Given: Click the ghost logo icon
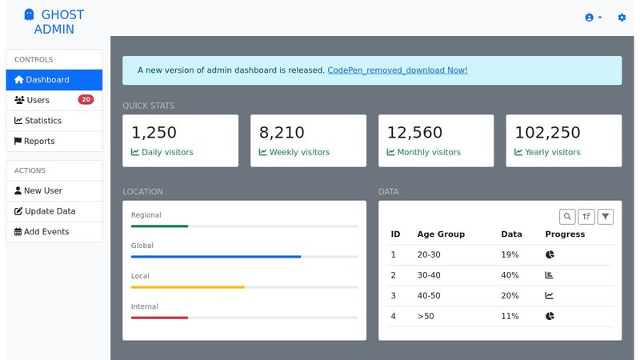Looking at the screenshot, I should tap(30, 14).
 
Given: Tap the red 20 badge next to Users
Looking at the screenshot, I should tap(86, 100).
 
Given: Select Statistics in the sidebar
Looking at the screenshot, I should tap(42, 121).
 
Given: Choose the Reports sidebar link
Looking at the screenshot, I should tap(39, 142).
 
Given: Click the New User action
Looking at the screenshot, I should tap(42, 191).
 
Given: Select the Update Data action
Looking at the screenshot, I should tap(50, 211).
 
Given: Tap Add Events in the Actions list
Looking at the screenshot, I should tap(46, 232).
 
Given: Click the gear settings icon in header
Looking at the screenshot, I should tap(622, 18).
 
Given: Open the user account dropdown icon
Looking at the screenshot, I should tap(593, 18).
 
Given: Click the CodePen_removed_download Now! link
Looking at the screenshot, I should tap(397, 70).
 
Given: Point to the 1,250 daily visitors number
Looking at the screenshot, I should tap(154, 133).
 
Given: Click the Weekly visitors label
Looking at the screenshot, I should tap(298, 152).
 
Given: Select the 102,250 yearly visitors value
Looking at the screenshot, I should tap(547, 133).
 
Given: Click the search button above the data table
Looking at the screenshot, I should tap(567, 216).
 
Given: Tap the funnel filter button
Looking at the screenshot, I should tap(606, 216).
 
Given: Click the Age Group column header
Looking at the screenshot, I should tap(441, 234).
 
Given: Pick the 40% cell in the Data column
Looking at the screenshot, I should tap(510, 275).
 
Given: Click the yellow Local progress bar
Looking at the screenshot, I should tap(188, 286).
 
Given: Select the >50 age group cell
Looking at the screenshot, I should tap(426, 316).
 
